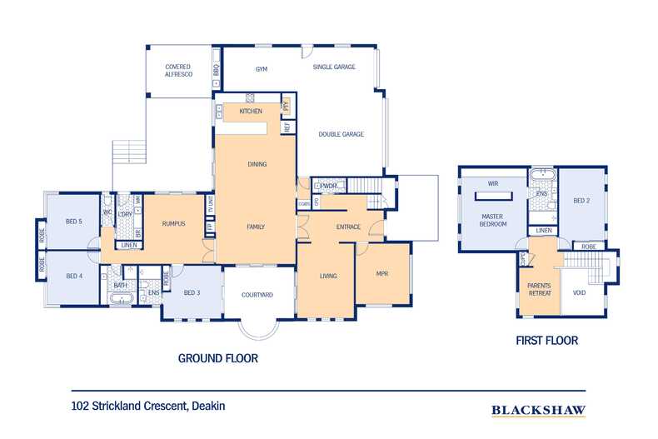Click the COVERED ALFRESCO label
click(177, 70)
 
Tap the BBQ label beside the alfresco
click(216, 70)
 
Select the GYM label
click(262, 69)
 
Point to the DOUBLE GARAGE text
click(341, 134)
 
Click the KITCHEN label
click(251, 111)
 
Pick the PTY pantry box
click(287, 106)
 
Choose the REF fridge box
click(287, 127)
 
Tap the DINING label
click(257, 164)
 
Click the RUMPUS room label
click(173, 223)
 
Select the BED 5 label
click(74, 222)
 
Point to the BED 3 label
click(192, 292)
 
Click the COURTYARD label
click(257, 295)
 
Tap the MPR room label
click(382, 274)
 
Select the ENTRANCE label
click(348, 227)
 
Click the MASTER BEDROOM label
click(493, 220)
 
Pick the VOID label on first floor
click(580, 293)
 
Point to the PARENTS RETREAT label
click(539, 289)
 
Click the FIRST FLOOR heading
click(546, 341)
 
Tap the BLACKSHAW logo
click(537, 410)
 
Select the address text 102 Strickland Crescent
click(148, 407)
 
